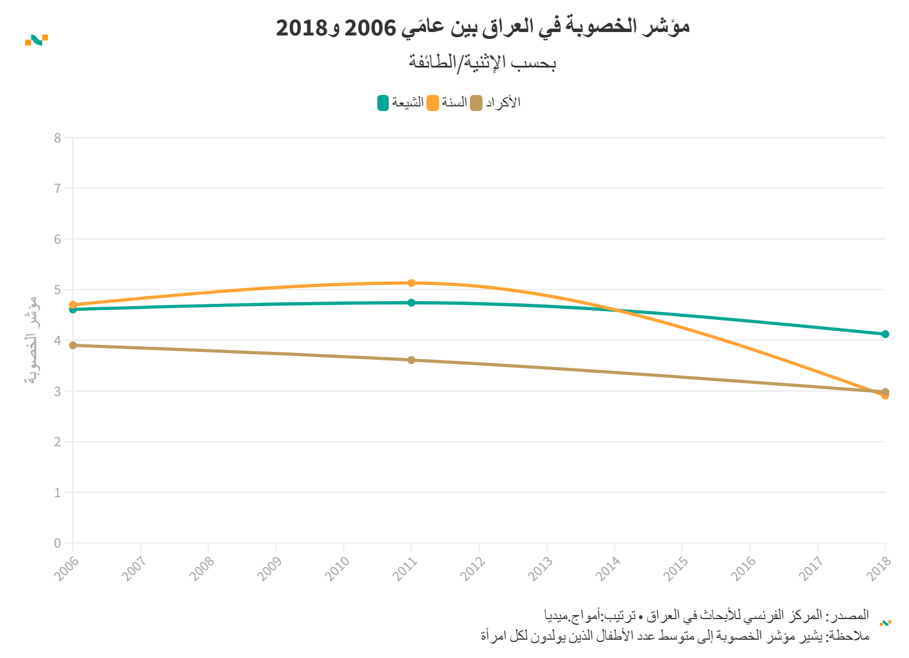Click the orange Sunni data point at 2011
click(x=412, y=283)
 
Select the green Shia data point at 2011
click(x=412, y=303)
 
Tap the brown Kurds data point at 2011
click(x=412, y=360)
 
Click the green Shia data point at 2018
click(x=885, y=334)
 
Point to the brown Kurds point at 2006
click(x=73, y=345)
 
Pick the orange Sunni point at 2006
click(x=73, y=304)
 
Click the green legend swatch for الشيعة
click(x=383, y=103)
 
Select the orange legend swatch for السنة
click(x=433, y=103)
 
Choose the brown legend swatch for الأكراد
click(x=476, y=103)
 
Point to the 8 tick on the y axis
click(x=58, y=138)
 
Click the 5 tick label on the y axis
click(x=58, y=290)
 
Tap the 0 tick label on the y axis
click(x=58, y=543)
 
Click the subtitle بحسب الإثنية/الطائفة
click(x=483, y=62)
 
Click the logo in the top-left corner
click(x=37, y=40)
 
